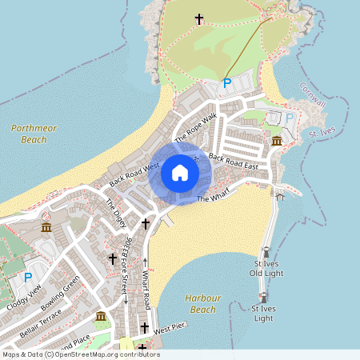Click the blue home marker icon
click(x=180, y=173)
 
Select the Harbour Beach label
click(x=202, y=303)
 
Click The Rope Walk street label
click(x=196, y=128)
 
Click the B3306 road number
click(x=127, y=249)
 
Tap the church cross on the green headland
click(x=199, y=18)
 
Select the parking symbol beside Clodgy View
click(x=28, y=278)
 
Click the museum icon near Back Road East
click(x=276, y=142)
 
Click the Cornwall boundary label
click(x=313, y=95)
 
